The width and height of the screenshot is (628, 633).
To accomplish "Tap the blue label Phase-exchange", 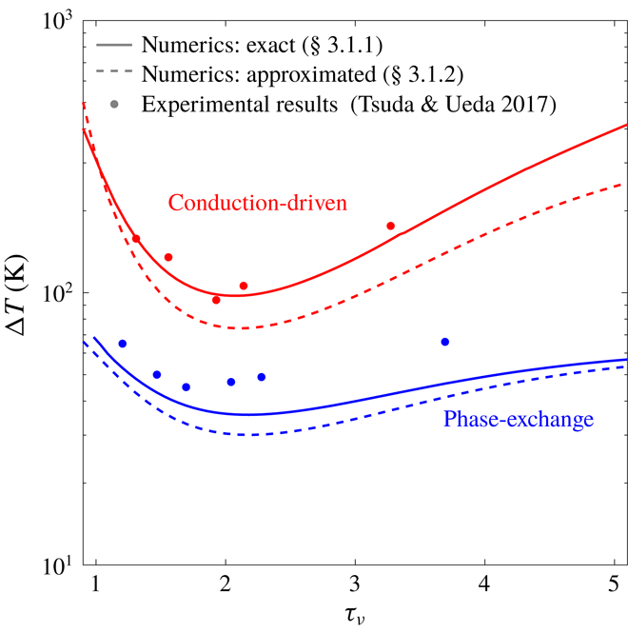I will point(519,418).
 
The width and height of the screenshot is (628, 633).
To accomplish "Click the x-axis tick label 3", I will point(355,584).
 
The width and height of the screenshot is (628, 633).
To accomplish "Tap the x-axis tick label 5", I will point(615,584).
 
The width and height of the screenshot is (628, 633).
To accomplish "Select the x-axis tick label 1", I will point(95,584).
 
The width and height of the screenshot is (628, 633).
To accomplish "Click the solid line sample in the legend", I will point(114,46).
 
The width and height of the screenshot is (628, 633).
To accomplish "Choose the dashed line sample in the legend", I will point(114,74).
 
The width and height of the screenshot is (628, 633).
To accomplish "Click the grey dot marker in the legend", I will point(114,103).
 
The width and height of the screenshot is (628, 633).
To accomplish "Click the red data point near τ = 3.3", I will point(390,226).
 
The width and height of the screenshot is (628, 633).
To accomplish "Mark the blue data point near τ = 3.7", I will point(444,342).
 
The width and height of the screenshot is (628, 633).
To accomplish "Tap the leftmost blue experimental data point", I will point(122,344).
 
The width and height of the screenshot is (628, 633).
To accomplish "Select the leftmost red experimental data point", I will point(136,239).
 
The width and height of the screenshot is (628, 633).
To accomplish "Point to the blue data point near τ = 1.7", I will point(186,386).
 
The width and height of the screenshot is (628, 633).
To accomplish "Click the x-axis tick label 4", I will point(485,584).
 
